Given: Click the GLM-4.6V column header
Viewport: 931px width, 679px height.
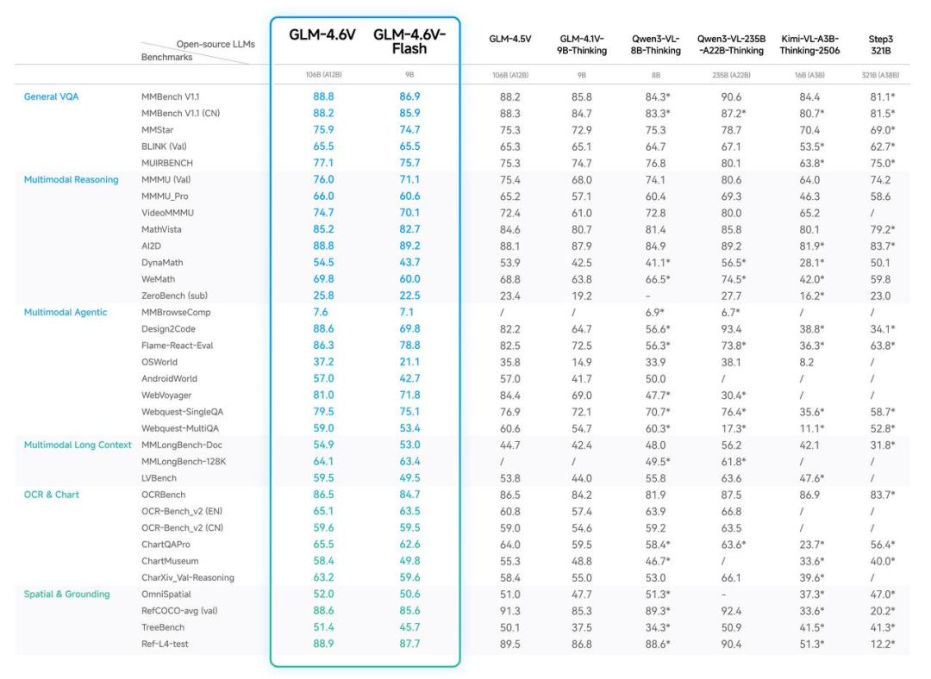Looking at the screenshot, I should click(323, 35).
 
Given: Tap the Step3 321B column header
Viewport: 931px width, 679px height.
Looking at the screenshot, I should click(882, 44).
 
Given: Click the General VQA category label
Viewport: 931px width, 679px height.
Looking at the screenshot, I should click(51, 97).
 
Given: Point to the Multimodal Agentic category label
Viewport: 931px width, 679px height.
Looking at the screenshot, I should click(66, 312).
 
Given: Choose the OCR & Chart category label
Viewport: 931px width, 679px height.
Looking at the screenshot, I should click(52, 495).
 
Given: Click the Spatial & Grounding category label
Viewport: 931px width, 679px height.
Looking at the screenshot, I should click(66, 594).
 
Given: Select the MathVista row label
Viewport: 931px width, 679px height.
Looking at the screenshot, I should click(161, 229).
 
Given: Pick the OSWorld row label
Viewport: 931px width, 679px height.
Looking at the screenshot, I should click(160, 362).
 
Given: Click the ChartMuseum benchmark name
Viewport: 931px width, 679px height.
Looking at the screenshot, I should click(170, 561).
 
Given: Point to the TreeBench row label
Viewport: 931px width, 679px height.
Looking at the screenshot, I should click(164, 627).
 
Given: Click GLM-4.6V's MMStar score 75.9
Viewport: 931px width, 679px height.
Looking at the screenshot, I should click(323, 130).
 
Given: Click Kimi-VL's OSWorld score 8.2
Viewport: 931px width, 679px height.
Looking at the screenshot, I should click(808, 362).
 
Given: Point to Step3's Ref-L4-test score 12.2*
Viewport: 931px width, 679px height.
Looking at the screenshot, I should click(882, 644).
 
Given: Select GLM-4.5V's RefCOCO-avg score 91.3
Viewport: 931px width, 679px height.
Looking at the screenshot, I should click(510, 611).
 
